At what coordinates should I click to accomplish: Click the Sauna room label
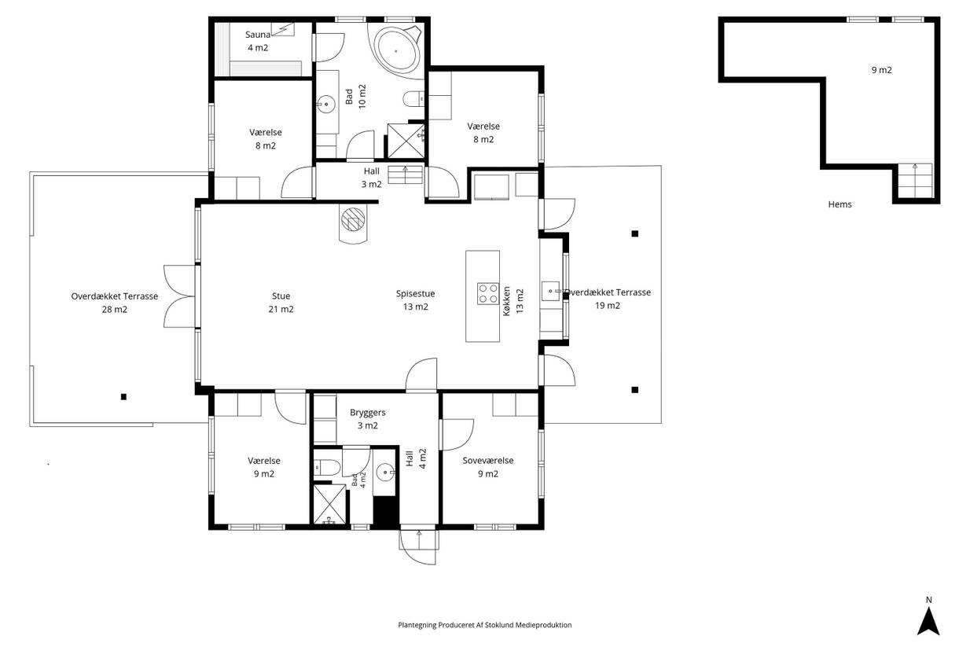258,35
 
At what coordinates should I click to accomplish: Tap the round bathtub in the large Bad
397,50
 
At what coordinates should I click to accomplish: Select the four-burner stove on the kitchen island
488,293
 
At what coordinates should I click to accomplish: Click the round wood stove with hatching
353,219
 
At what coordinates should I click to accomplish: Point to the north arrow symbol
928,621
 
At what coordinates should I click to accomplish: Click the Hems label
840,204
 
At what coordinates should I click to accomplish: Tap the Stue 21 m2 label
281,303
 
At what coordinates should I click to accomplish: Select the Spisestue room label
415,293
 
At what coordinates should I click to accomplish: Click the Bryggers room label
368,413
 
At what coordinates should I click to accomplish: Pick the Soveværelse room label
488,461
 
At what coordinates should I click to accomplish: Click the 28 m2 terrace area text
115,309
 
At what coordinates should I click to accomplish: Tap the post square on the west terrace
123,397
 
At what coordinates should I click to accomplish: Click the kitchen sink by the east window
551,291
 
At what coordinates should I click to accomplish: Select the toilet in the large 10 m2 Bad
413,99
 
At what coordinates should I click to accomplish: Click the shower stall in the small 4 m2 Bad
329,504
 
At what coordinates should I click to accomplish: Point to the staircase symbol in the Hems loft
914,181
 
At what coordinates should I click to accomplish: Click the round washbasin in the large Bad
325,105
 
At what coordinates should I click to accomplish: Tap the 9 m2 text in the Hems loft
882,70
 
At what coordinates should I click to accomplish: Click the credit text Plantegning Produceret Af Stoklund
461,625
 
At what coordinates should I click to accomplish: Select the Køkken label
507,301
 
